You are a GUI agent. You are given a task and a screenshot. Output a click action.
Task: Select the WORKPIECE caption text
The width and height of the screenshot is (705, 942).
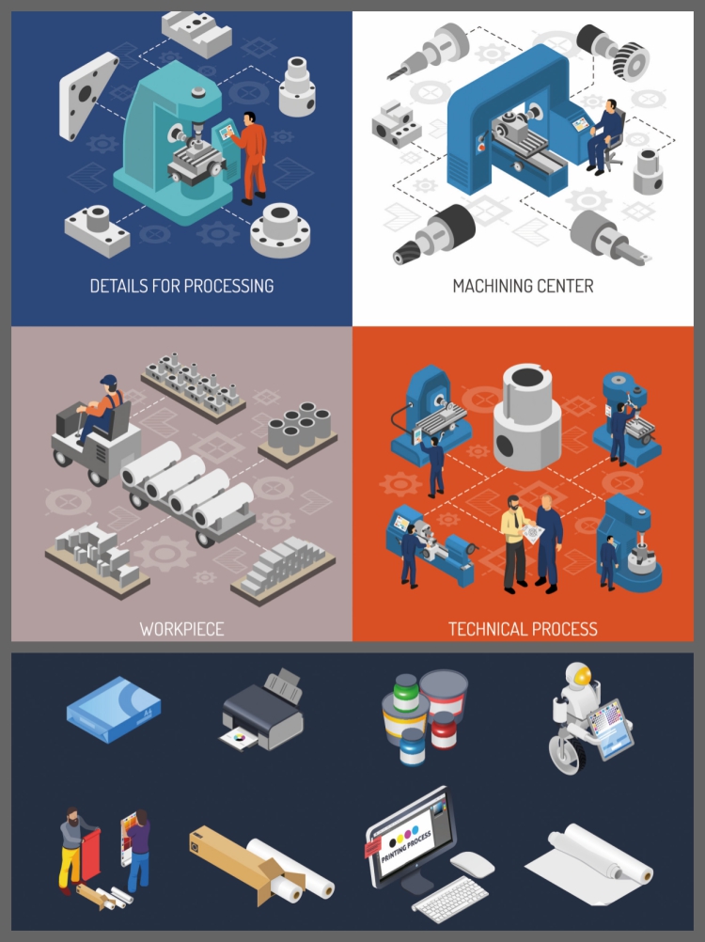pos(182,629)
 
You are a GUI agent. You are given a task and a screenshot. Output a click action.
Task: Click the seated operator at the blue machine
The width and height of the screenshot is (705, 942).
pos(604,135)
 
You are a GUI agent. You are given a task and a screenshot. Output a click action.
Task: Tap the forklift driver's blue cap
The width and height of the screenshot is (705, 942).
pos(109,381)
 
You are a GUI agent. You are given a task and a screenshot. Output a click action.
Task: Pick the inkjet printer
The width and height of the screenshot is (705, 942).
pos(263,711)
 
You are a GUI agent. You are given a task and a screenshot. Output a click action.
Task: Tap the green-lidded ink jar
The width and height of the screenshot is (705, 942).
pos(406,694)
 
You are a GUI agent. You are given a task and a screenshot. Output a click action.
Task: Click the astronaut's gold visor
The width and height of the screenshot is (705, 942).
pos(582,678)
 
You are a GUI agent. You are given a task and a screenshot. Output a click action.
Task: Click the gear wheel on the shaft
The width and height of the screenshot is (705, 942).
pos(632,61)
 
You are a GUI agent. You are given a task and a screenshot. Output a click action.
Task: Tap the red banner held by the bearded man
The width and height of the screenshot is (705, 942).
pos(89,854)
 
